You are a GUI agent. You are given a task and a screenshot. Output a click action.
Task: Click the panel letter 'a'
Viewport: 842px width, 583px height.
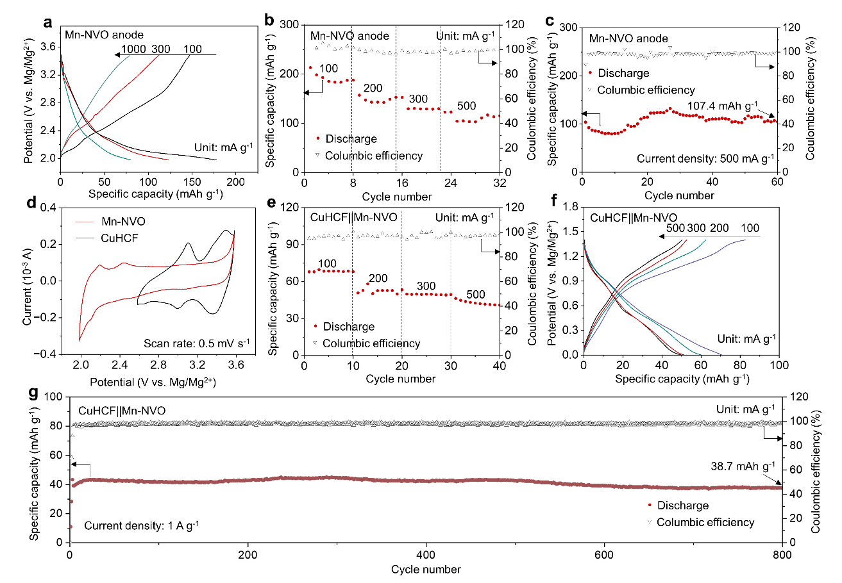pos(47,23)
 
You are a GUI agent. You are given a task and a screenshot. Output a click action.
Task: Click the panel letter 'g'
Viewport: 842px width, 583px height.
pos(33,393)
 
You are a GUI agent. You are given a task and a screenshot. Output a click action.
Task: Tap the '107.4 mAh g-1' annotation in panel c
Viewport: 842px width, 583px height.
pos(722,106)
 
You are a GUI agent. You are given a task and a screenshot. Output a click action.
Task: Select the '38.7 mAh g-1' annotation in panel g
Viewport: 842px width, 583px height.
pos(743,466)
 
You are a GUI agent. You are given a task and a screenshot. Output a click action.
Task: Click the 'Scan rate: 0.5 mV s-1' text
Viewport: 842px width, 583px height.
pos(197,343)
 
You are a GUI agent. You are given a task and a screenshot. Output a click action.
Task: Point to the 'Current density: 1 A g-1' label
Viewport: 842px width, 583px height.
pos(141,525)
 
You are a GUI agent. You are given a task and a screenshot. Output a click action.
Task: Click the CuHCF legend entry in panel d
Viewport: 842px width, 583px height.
pos(107,238)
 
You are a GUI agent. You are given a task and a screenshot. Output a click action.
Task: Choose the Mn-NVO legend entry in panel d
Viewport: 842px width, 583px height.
pos(110,221)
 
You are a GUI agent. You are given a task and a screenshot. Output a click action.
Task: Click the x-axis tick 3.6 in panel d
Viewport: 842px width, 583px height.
pos(236,365)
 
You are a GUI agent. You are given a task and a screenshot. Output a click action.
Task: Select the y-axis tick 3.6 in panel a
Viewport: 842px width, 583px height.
pos(47,47)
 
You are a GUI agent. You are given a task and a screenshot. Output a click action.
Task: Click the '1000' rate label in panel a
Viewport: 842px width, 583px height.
pos(133,49)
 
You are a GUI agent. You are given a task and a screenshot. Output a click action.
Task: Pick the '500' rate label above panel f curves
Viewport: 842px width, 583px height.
pos(675,228)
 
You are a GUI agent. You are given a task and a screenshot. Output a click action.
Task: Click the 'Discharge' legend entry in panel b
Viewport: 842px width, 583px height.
pos(346,139)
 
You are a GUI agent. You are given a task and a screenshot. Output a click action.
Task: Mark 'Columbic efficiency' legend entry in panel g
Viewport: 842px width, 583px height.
pos(701,522)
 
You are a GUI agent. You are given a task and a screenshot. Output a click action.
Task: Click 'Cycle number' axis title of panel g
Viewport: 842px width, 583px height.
pos(426,570)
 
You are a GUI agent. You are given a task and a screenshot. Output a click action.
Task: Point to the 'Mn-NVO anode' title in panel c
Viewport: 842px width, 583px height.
pos(628,38)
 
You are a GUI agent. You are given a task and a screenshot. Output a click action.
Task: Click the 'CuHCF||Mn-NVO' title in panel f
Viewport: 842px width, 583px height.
pos(634,218)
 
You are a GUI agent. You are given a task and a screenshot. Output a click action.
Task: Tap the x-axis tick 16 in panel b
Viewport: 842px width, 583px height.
pos(402,183)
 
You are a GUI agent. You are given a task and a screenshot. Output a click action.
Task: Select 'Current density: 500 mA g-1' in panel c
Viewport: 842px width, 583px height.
pos(705,159)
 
